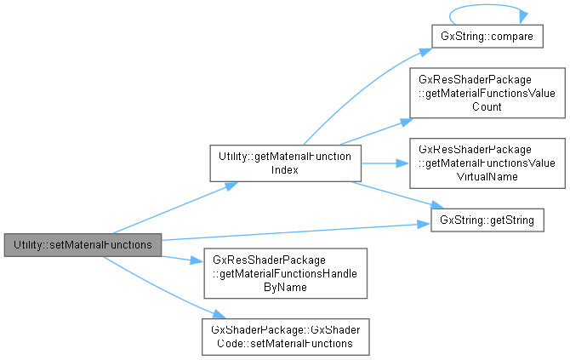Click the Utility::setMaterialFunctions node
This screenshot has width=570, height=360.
coord(83,244)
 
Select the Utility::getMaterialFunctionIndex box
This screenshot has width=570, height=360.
coord(286,162)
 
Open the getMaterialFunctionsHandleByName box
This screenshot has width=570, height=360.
coord(284,273)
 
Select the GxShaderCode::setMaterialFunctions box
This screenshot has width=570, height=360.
coord(284,337)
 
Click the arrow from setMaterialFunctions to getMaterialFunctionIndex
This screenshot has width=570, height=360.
coord(170,208)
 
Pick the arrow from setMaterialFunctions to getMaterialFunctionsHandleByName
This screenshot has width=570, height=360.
coord(179,258)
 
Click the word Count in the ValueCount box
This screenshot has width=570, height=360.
coord(482,107)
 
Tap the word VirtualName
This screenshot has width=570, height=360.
coord(482,176)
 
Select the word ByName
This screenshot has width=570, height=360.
coord(284,288)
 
